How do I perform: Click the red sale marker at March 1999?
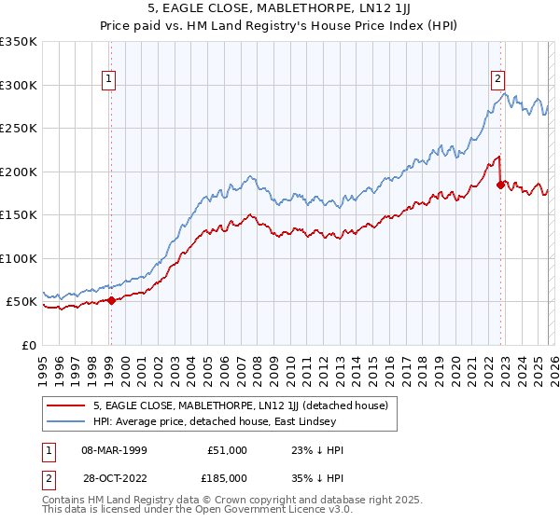111,300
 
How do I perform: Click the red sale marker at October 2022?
500,185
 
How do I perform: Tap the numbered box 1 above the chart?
110,80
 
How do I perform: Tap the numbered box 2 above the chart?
498,80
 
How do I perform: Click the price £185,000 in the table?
228,476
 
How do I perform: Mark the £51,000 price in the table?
228,450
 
